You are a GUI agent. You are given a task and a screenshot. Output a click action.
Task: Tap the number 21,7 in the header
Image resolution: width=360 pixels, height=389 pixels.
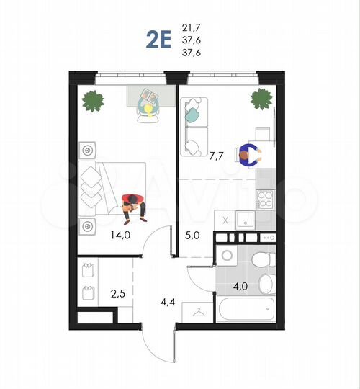click(192, 27)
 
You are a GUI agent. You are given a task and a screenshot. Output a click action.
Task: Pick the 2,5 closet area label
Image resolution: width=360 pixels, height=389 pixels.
click(118, 293)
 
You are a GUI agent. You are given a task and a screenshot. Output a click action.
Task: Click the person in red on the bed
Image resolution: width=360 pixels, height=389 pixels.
click(132, 205)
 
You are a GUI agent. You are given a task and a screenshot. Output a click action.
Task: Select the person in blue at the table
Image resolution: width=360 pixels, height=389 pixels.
click(249, 155)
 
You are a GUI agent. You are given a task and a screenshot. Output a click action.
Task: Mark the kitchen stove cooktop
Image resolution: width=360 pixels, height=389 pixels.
click(265, 198)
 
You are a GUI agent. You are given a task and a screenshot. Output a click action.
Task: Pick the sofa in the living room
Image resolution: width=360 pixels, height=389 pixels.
click(192, 127)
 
